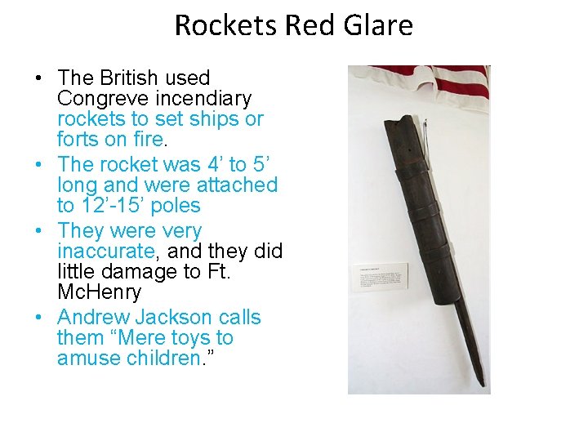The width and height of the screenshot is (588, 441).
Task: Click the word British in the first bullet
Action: point(130,78)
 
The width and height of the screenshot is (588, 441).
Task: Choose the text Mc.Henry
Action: point(99,292)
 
